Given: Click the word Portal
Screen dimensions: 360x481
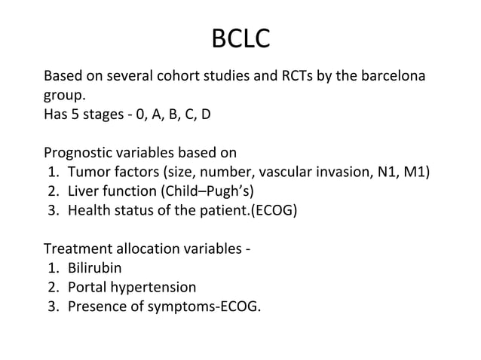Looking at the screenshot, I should click(87, 287).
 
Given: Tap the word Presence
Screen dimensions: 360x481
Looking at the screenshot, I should click(96, 307).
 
